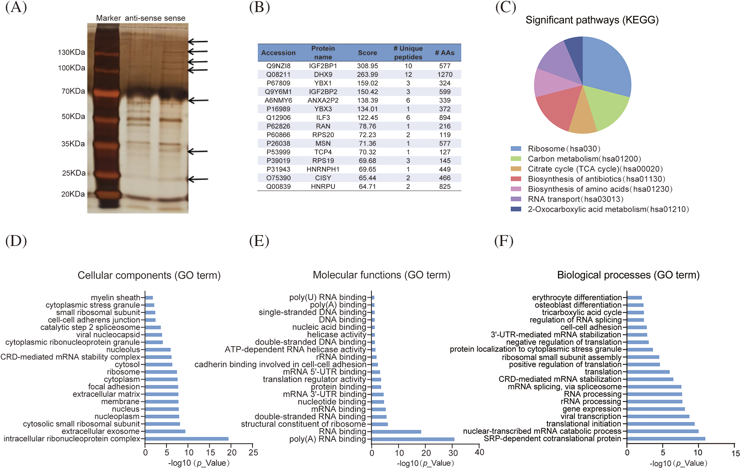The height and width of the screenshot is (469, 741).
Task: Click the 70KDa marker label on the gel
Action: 73,91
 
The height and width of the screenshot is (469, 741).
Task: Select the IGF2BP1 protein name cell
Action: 323,66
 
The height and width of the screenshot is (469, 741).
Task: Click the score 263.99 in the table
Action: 367,75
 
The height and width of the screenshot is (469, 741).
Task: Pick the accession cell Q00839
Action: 278,187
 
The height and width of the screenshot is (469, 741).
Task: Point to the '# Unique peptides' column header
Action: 408,52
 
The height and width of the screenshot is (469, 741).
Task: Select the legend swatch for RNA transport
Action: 516,199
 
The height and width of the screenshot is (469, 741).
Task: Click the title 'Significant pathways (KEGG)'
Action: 592,20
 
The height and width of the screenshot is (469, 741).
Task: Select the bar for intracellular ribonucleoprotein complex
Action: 187,439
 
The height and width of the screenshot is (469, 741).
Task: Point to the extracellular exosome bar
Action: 165,431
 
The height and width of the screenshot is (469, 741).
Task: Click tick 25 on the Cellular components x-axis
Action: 253,452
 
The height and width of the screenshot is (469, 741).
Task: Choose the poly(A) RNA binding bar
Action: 413,439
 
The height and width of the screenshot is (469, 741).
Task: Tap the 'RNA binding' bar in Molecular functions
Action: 396,432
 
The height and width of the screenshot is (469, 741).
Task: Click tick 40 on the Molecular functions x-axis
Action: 480,452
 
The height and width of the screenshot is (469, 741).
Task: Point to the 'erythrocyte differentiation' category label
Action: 577,298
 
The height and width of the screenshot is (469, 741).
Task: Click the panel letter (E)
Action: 259,241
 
